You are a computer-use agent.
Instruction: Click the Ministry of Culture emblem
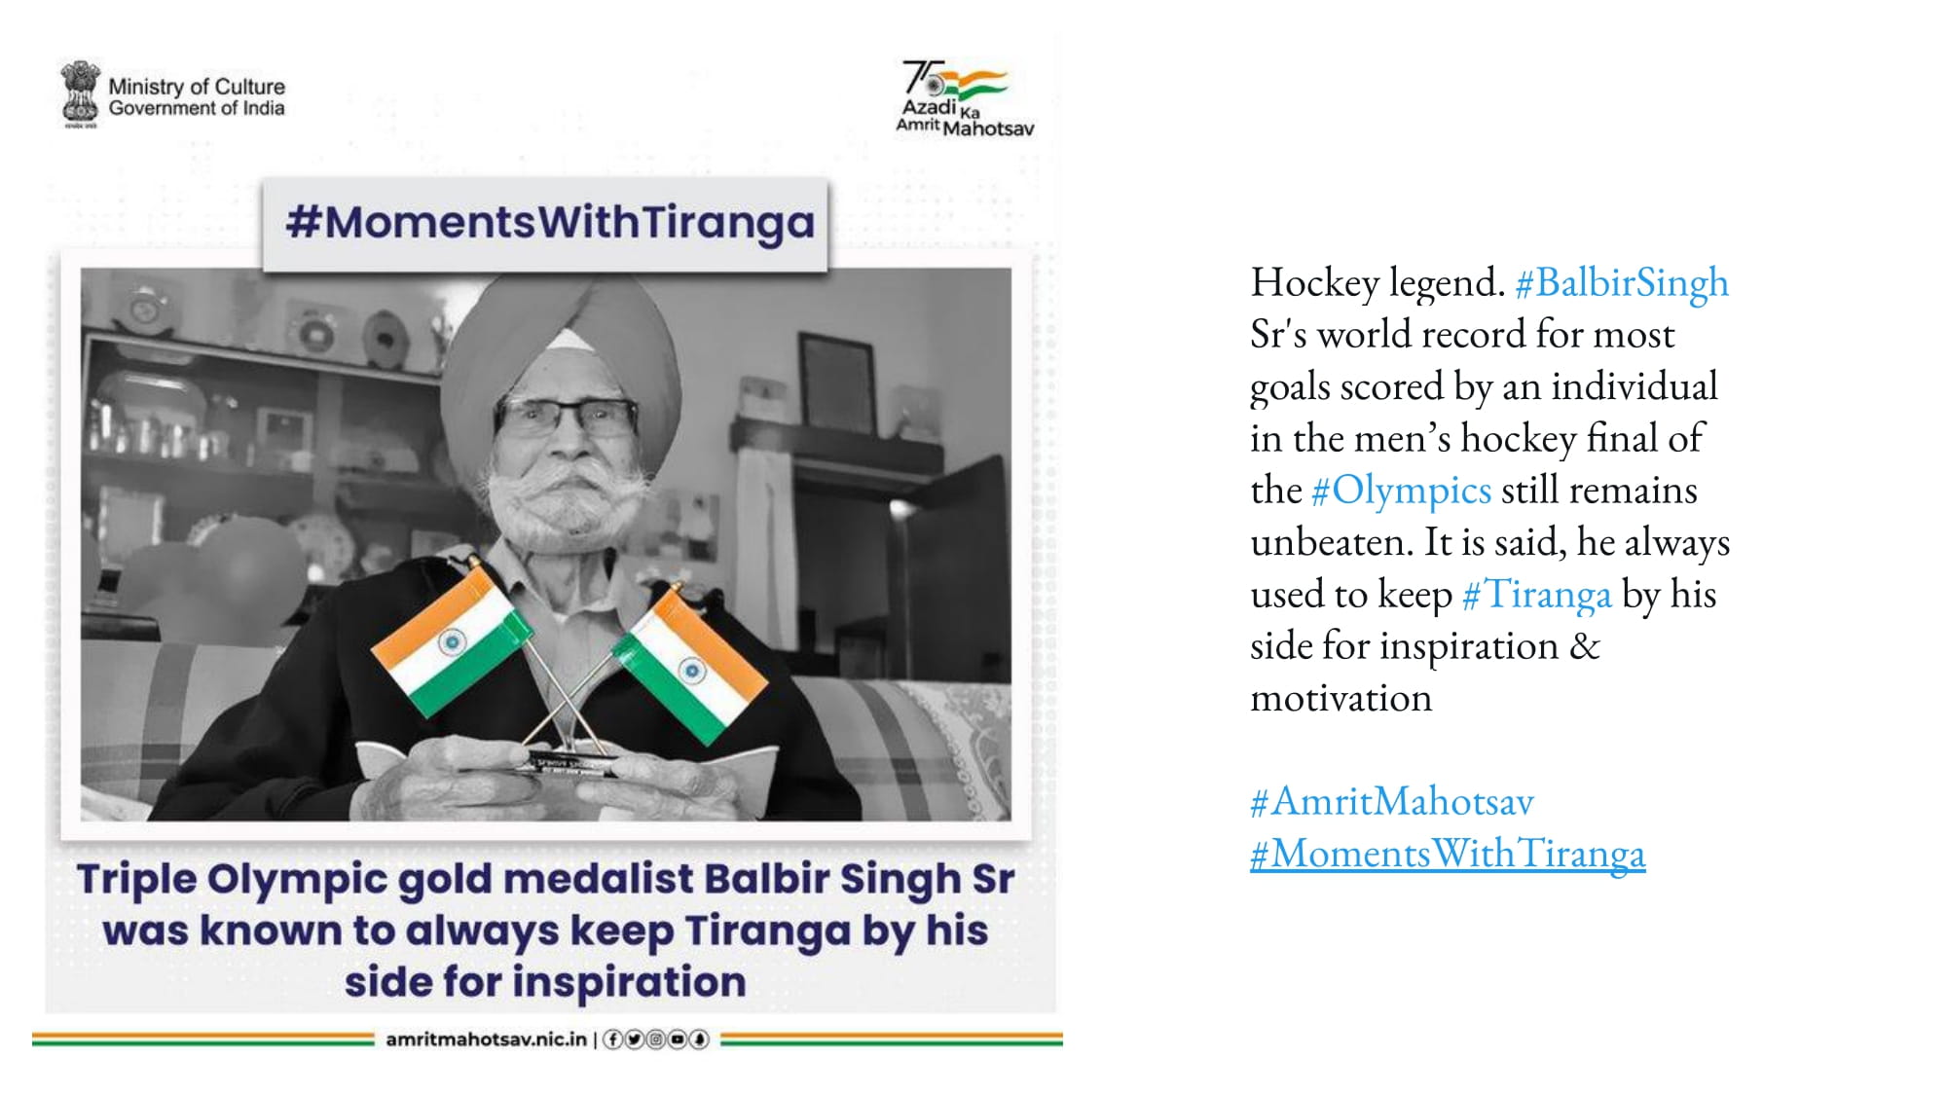coord(80,94)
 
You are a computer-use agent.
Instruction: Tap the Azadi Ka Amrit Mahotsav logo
coord(964,98)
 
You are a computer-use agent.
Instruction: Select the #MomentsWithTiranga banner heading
coord(550,223)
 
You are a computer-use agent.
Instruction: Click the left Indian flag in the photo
coord(451,640)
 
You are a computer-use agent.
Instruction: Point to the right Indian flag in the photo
coord(689,666)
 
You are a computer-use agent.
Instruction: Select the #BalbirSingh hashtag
coord(1622,283)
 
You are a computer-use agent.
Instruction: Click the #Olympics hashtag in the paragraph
coord(1401,491)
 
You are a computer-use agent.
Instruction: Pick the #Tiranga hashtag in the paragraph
coord(1536,595)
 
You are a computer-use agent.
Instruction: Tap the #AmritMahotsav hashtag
coord(1392,801)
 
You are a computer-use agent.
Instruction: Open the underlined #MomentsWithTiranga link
coord(1448,854)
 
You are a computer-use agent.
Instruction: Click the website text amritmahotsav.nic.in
coord(487,1040)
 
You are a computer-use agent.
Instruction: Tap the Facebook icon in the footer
coord(612,1040)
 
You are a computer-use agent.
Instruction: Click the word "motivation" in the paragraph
coord(1341,698)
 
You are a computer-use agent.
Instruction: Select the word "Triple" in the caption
coord(137,880)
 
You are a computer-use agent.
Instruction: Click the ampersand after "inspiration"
coord(1584,646)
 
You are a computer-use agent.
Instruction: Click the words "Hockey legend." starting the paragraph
coord(1378,283)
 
